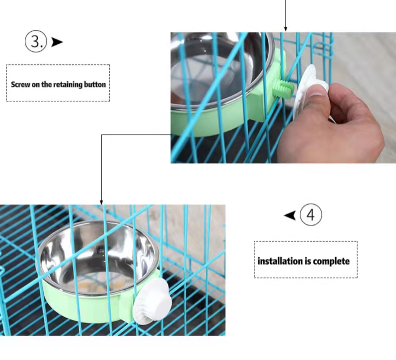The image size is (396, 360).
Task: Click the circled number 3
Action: tap(36, 41)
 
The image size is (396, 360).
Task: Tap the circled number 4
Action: tap(311, 215)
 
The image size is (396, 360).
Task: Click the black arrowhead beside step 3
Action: tap(57, 42)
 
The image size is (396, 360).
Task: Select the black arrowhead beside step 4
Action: tap(290, 216)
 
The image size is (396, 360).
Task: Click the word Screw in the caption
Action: tap(20, 84)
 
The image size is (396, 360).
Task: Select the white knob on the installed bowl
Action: tap(152, 301)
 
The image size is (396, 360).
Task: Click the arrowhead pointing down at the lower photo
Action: tap(101, 202)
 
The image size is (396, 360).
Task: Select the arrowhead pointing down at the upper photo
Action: tap(285, 29)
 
